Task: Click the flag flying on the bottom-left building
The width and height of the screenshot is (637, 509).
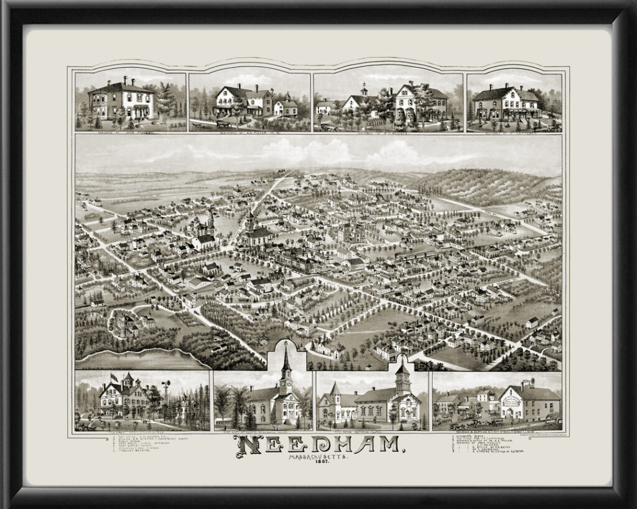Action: click(x=113, y=377)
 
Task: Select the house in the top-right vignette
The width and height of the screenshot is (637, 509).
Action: click(x=506, y=103)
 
